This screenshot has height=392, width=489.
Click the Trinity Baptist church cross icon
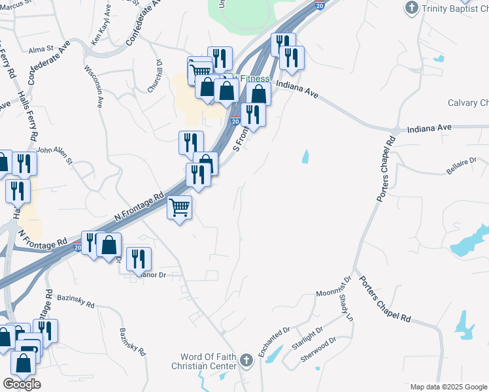click(412, 8)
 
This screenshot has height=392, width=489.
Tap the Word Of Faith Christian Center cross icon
click(246, 360)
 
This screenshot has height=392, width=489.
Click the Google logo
click(22, 384)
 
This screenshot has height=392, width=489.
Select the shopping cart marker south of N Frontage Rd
click(180, 208)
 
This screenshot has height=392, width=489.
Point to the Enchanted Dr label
click(273, 342)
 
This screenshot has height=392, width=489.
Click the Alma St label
click(41, 49)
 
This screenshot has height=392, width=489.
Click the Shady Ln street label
click(345, 307)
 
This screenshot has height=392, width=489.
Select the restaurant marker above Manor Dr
click(139, 259)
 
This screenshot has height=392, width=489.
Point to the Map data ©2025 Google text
click(449, 387)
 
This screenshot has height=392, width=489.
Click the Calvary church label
click(468, 103)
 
